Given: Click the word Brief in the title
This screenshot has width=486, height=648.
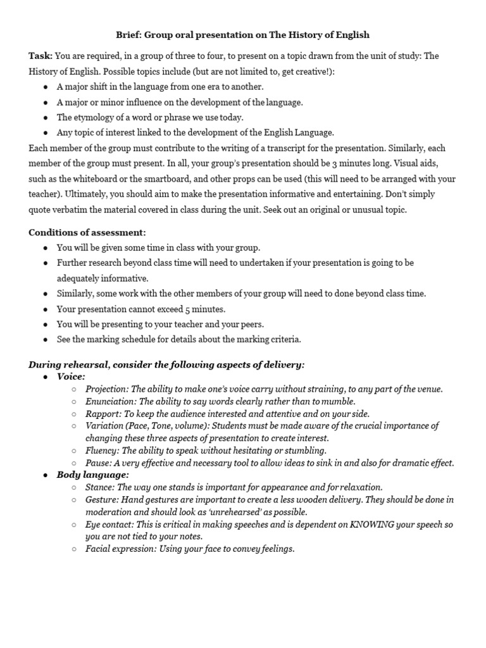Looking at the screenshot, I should click(129, 35).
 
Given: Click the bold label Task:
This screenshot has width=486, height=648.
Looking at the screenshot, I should click(40, 56).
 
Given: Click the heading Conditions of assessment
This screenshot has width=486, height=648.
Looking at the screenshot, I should click(87, 232).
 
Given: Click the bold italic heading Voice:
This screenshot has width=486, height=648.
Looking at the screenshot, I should click(71, 377).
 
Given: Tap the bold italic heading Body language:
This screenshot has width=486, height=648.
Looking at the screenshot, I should click(92, 475).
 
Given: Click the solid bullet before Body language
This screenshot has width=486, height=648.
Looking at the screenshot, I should click(46, 475).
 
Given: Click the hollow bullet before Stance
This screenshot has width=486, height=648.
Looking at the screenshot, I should click(75, 488).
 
